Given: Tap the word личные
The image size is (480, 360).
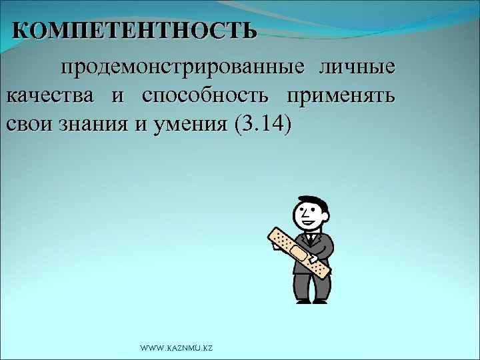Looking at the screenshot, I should tap(357, 68).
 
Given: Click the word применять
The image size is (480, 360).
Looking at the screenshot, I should tap(341, 96).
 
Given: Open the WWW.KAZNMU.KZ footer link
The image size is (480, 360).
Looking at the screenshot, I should tap(176, 349).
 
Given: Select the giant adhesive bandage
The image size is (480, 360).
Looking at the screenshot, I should tap(299, 253).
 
